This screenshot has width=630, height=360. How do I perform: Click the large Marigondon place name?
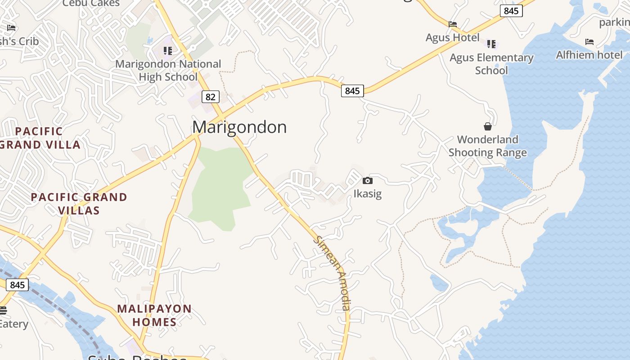tap(239, 127)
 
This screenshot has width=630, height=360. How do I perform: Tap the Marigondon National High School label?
tap(168, 70)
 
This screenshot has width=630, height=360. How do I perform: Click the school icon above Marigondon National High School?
tap(168, 50)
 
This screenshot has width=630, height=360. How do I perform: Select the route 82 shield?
tap(210, 97)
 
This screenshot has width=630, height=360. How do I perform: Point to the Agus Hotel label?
tap(453, 37)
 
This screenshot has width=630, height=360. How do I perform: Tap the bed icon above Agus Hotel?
tap(453, 24)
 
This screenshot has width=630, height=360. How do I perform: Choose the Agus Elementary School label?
tap(491, 64)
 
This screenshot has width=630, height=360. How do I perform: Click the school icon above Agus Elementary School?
tap(491, 44)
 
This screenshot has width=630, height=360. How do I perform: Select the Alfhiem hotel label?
tap(589, 55)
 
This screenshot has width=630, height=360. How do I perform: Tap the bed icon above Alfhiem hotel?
tap(589, 42)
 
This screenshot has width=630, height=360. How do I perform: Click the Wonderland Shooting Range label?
tap(488, 146)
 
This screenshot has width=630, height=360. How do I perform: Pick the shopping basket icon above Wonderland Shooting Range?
tap(488, 126)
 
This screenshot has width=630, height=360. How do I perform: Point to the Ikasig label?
tap(368, 194)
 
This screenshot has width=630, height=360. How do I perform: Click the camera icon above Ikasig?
tap(368, 181)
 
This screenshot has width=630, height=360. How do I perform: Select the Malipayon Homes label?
tap(154, 315)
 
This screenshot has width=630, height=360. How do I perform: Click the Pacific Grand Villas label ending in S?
tap(79, 203)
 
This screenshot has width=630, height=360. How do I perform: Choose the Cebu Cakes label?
tap(91, 4)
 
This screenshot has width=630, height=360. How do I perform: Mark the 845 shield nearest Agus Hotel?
tap(511, 11)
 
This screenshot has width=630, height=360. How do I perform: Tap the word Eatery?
tap(13, 324)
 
